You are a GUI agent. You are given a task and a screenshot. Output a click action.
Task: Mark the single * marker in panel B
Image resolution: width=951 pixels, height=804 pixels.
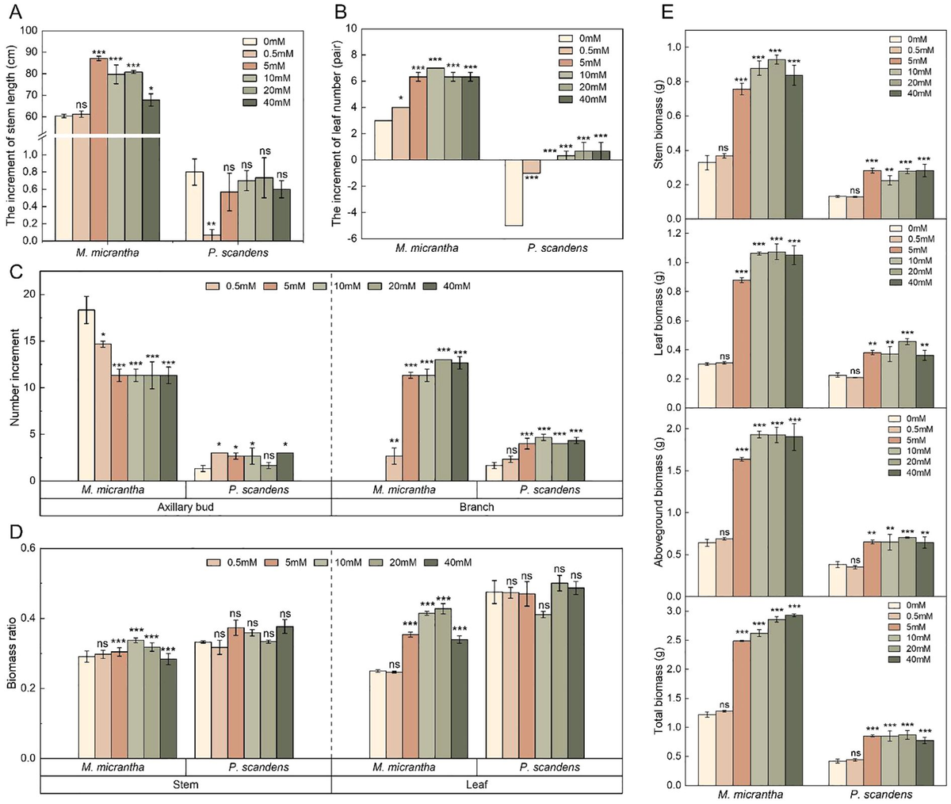[x=401, y=101]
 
